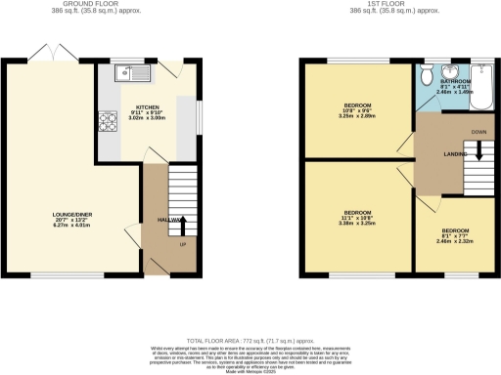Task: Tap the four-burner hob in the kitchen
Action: (106, 123)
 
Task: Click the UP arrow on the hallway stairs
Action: (183, 226)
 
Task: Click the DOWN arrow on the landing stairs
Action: (478, 149)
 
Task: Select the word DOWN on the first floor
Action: (478, 131)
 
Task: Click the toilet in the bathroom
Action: (427, 76)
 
